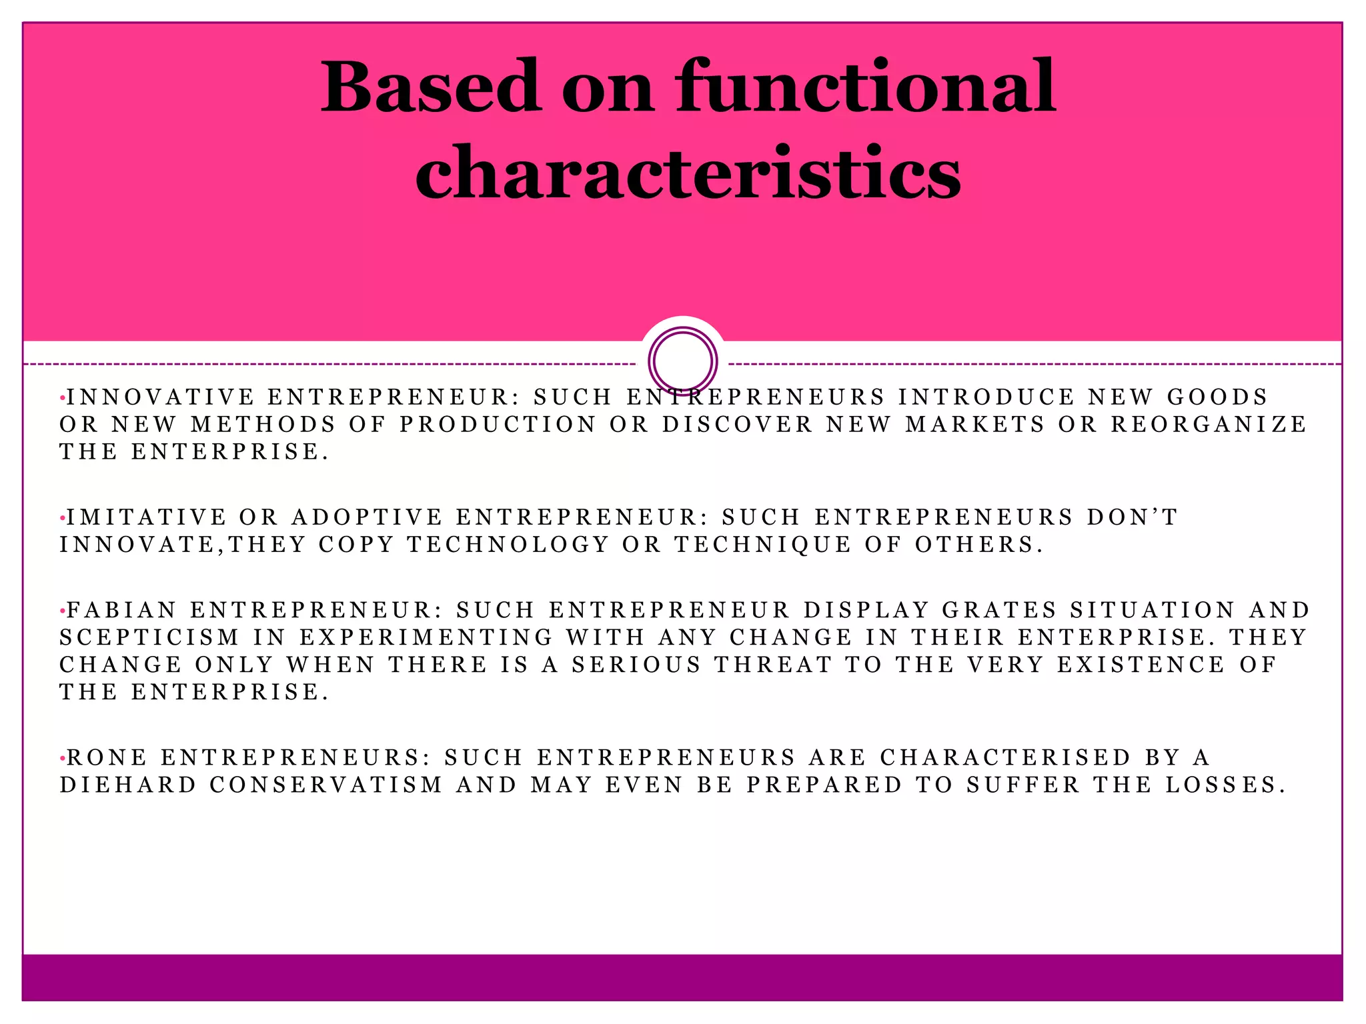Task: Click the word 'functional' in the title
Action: [865, 87]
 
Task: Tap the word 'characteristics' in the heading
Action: [688, 172]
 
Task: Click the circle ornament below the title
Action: [682, 361]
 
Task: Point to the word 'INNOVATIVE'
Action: [161, 397]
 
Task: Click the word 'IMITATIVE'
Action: [147, 517]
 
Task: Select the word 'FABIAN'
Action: [122, 610]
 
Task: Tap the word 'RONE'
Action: [107, 758]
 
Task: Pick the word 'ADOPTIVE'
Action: [367, 517]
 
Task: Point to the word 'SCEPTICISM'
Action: [149, 637]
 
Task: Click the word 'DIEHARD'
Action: [128, 785]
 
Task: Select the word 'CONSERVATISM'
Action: [326, 785]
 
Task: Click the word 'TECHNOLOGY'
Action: [508, 545]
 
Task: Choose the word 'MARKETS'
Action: [974, 425]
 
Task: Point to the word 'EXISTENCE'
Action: [1141, 665]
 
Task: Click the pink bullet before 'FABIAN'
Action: [62, 611]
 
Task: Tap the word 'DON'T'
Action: [1132, 517]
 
